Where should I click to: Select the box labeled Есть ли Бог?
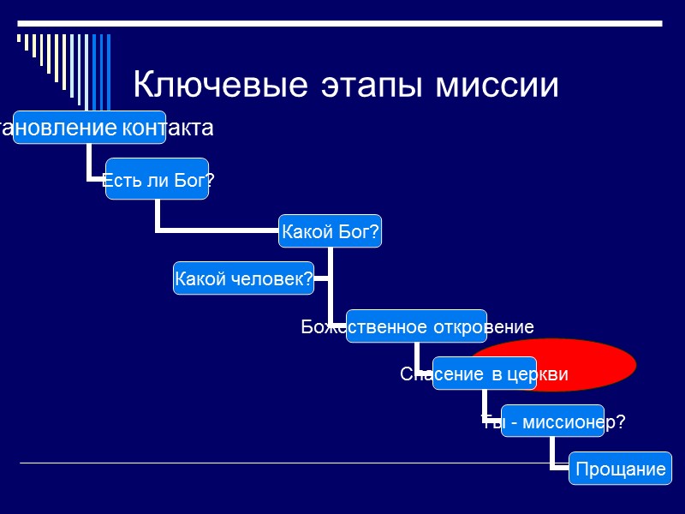click(158, 179)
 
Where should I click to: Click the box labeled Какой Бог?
click(331, 231)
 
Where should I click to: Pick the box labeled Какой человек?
click(243, 278)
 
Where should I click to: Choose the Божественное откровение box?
click(416, 326)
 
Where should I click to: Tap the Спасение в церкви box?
click(484, 374)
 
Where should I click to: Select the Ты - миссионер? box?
click(553, 421)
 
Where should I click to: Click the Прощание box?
click(620, 469)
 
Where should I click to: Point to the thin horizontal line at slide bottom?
click(257, 463)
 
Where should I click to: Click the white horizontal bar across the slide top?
click(342, 21)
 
